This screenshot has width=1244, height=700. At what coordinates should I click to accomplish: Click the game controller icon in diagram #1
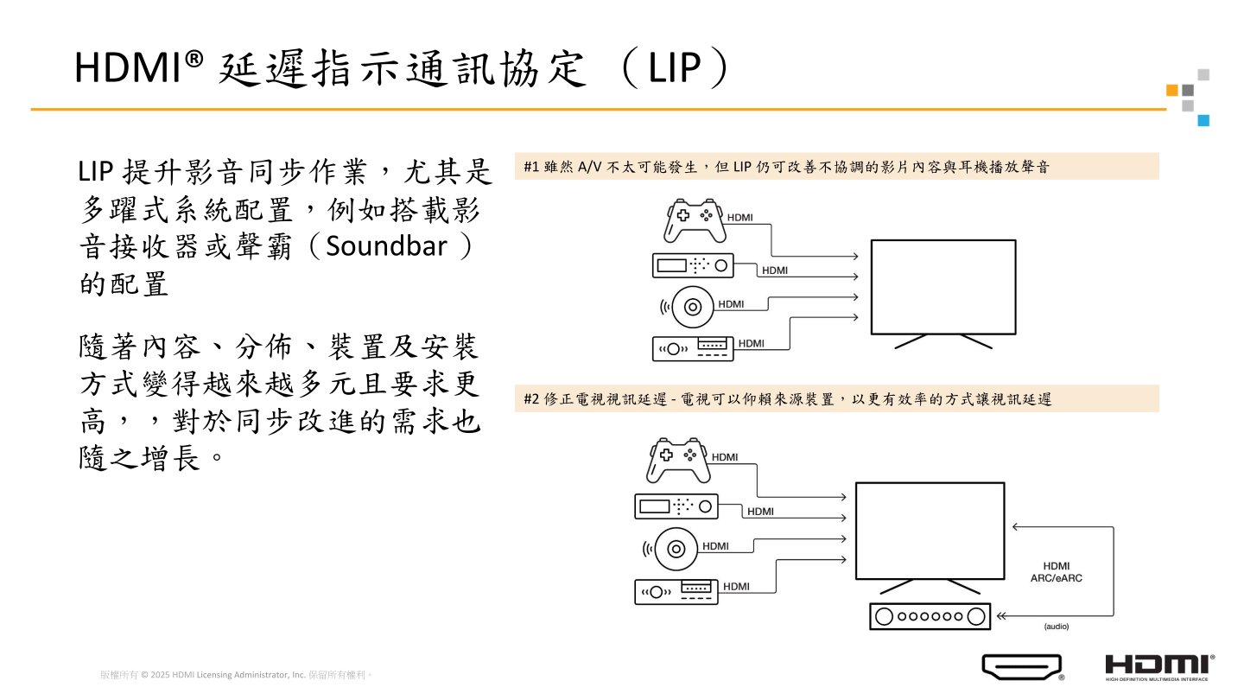(693, 221)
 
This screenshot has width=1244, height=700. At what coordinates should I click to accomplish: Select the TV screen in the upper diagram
(943, 286)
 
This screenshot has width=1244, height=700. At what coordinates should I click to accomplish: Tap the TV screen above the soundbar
(930, 530)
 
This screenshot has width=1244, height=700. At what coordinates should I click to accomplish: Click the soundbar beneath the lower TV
(930, 617)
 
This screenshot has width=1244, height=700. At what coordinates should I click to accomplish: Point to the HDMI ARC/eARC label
(1056, 572)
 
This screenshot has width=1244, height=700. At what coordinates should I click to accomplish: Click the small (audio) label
(1056, 626)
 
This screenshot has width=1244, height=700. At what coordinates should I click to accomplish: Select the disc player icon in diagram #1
(692, 305)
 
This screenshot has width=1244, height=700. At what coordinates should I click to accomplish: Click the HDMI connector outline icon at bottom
(1020, 666)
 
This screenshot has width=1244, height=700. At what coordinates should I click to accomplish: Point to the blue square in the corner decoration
(1203, 121)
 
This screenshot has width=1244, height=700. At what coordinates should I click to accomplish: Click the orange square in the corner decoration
(1172, 90)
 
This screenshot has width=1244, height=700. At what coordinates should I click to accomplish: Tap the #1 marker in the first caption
(531, 168)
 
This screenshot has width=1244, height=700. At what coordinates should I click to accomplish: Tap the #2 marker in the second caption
(531, 399)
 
